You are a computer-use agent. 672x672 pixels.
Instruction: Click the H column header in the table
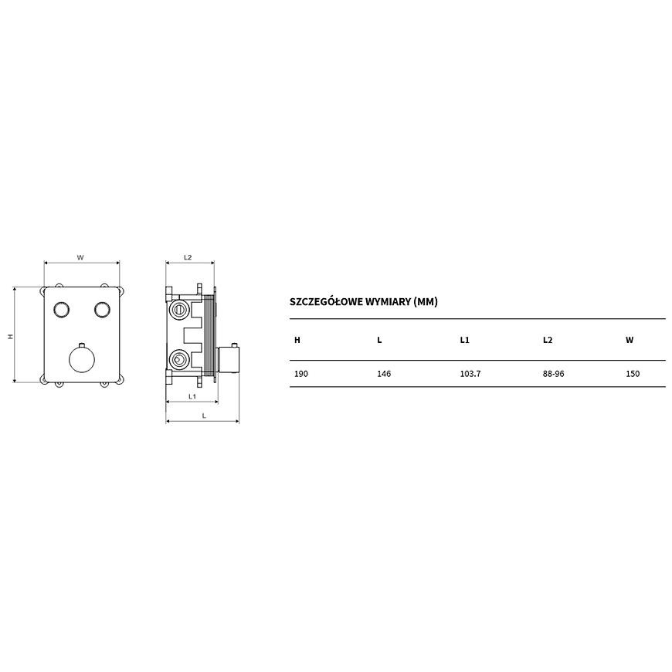click(297, 341)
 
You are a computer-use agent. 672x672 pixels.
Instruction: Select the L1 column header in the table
click(464, 341)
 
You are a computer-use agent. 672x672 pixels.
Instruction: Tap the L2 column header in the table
click(548, 341)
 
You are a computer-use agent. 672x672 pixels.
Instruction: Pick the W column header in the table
click(630, 341)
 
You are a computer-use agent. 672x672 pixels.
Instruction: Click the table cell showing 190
click(301, 374)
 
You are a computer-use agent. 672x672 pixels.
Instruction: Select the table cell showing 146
click(384, 374)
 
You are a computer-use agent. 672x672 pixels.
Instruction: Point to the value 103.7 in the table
click(470, 374)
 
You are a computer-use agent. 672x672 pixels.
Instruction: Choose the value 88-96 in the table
click(553, 374)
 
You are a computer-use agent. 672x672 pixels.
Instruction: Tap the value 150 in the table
click(633, 374)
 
